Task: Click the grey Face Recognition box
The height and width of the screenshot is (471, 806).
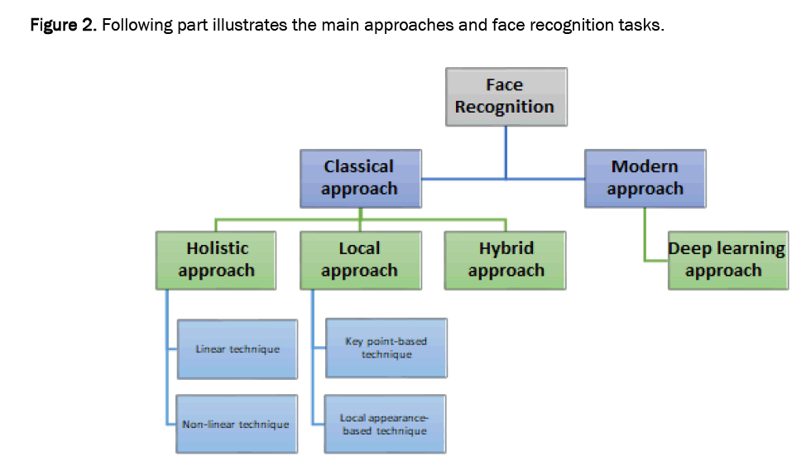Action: click(505, 96)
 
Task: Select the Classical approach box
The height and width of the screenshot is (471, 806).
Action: click(359, 178)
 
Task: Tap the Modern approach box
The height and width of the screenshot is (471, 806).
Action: click(645, 178)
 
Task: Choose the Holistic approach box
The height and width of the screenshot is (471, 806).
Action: click(217, 260)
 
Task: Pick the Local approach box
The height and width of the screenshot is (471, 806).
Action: click(359, 260)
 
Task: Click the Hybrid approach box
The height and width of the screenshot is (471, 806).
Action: click(505, 260)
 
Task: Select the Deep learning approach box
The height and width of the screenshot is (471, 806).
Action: click(727, 260)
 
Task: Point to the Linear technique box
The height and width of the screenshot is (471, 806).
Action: click(237, 349)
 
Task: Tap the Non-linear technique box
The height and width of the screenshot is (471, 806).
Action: click(237, 424)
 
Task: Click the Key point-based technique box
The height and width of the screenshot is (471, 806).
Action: click(386, 348)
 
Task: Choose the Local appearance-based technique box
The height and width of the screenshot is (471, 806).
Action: click(386, 424)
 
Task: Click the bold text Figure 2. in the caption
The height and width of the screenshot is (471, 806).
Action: click(63, 25)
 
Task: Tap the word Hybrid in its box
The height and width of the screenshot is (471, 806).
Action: click(506, 248)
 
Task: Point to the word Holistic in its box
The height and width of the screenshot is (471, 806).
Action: click(217, 248)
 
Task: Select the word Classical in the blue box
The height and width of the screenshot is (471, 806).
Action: click(359, 166)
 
